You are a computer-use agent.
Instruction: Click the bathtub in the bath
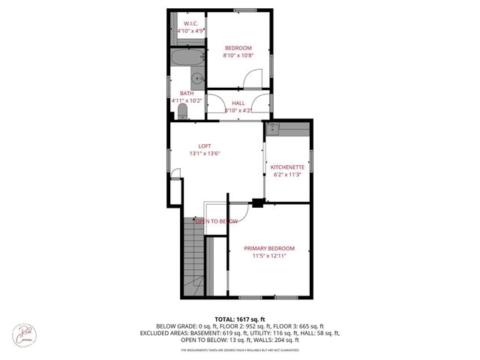[185, 58]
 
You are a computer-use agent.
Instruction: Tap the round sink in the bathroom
[196, 77]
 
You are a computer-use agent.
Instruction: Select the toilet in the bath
[182, 112]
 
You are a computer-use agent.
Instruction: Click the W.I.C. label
[190, 23]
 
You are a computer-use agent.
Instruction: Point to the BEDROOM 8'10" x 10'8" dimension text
[239, 55]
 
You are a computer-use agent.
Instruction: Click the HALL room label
[238, 103]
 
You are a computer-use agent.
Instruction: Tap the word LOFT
[204, 145]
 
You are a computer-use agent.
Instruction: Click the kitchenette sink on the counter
[274, 129]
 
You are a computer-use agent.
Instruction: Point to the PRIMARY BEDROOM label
[269, 248]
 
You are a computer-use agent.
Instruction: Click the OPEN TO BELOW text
[217, 221]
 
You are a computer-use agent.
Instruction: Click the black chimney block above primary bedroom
[258, 201]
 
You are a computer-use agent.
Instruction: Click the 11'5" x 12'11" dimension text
[269, 256]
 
